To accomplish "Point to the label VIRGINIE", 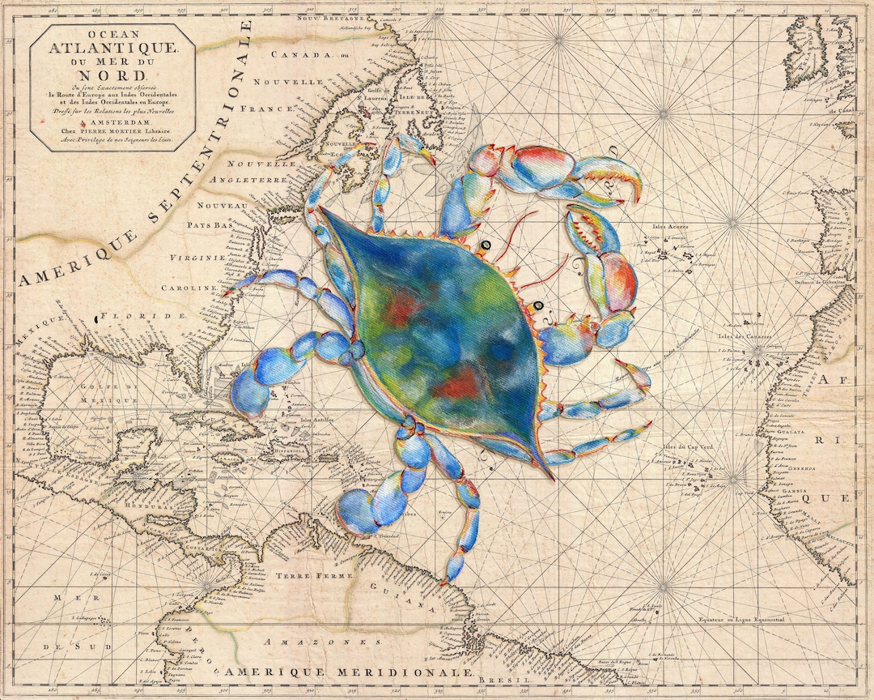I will click(195, 258).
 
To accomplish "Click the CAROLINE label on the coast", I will click(189, 288).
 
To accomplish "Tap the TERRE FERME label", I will click(303, 574).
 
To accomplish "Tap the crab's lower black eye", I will click(537, 305).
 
